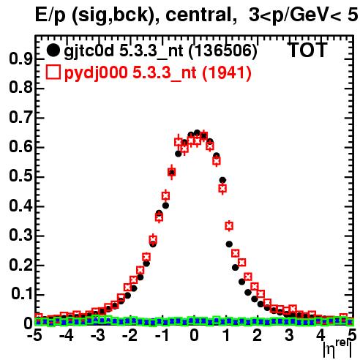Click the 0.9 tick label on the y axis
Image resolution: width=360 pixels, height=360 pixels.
pyautogui.click(x=20, y=59)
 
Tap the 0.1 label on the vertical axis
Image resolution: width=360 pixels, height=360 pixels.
pyautogui.click(x=22, y=293)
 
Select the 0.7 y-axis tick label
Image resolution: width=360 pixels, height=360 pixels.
pyautogui.click(x=20, y=117)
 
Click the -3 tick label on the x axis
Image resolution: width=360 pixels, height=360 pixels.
pyautogui.click(x=98, y=335)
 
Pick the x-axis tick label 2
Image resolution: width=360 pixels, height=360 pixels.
pyautogui.click(x=257, y=335)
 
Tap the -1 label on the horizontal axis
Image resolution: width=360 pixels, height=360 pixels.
pyautogui.click(x=162, y=335)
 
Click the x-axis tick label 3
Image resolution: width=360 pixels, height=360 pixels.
pyautogui.click(x=289, y=335)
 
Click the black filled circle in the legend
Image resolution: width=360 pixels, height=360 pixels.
pyautogui.click(x=53, y=50)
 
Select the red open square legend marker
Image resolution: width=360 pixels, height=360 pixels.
pyautogui.click(x=53, y=72)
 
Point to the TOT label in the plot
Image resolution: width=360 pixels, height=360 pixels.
pyautogui.click(x=308, y=50)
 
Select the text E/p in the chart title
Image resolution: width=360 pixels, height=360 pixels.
pyautogui.click(x=50, y=15)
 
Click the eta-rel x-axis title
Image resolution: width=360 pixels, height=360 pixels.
pyautogui.click(x=338, y=348)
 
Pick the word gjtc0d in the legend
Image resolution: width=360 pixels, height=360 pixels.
pyautogui.click(x=89, y=51)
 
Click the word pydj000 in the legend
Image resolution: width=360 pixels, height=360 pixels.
pyautogui.click(x=96, y=73)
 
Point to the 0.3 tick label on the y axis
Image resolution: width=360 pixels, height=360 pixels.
pyautogui.click(x=20, y=235)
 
